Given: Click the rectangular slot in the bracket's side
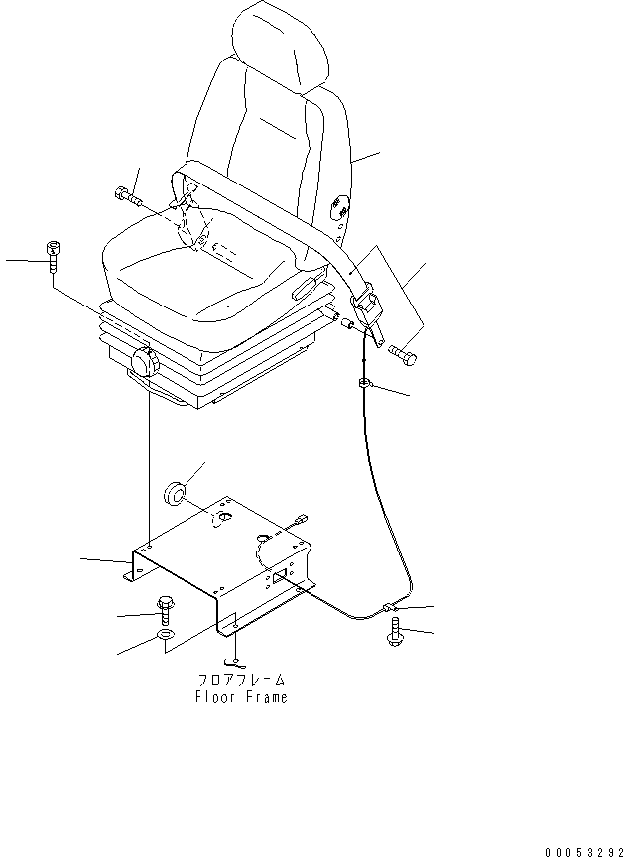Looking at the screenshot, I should [281, 574].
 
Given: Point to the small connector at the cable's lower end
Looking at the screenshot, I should [388, 606].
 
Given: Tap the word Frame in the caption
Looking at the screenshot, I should [266, 697].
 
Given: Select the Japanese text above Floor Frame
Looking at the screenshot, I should [241, 680].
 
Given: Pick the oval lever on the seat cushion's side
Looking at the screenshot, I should [303, 289].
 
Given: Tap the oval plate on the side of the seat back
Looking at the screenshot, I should [339, 206].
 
